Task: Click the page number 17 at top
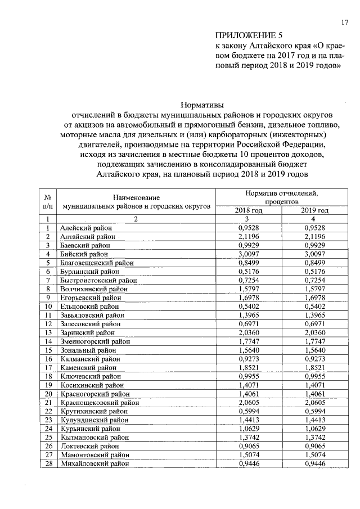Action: (344, 22)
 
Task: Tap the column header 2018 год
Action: (249, 210)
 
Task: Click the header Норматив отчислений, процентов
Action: (281, 197)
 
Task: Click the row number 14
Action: (49, 341)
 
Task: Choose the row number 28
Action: (49, 463)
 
